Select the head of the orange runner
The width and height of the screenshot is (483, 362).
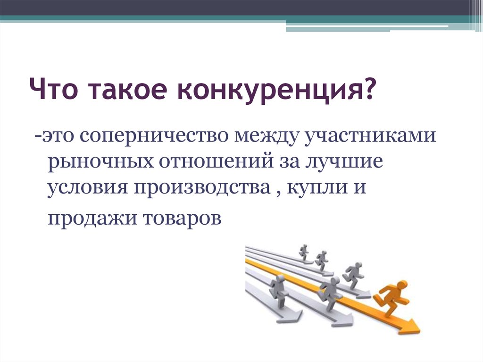click(402, 286)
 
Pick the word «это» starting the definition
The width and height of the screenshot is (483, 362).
click(58, 136)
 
